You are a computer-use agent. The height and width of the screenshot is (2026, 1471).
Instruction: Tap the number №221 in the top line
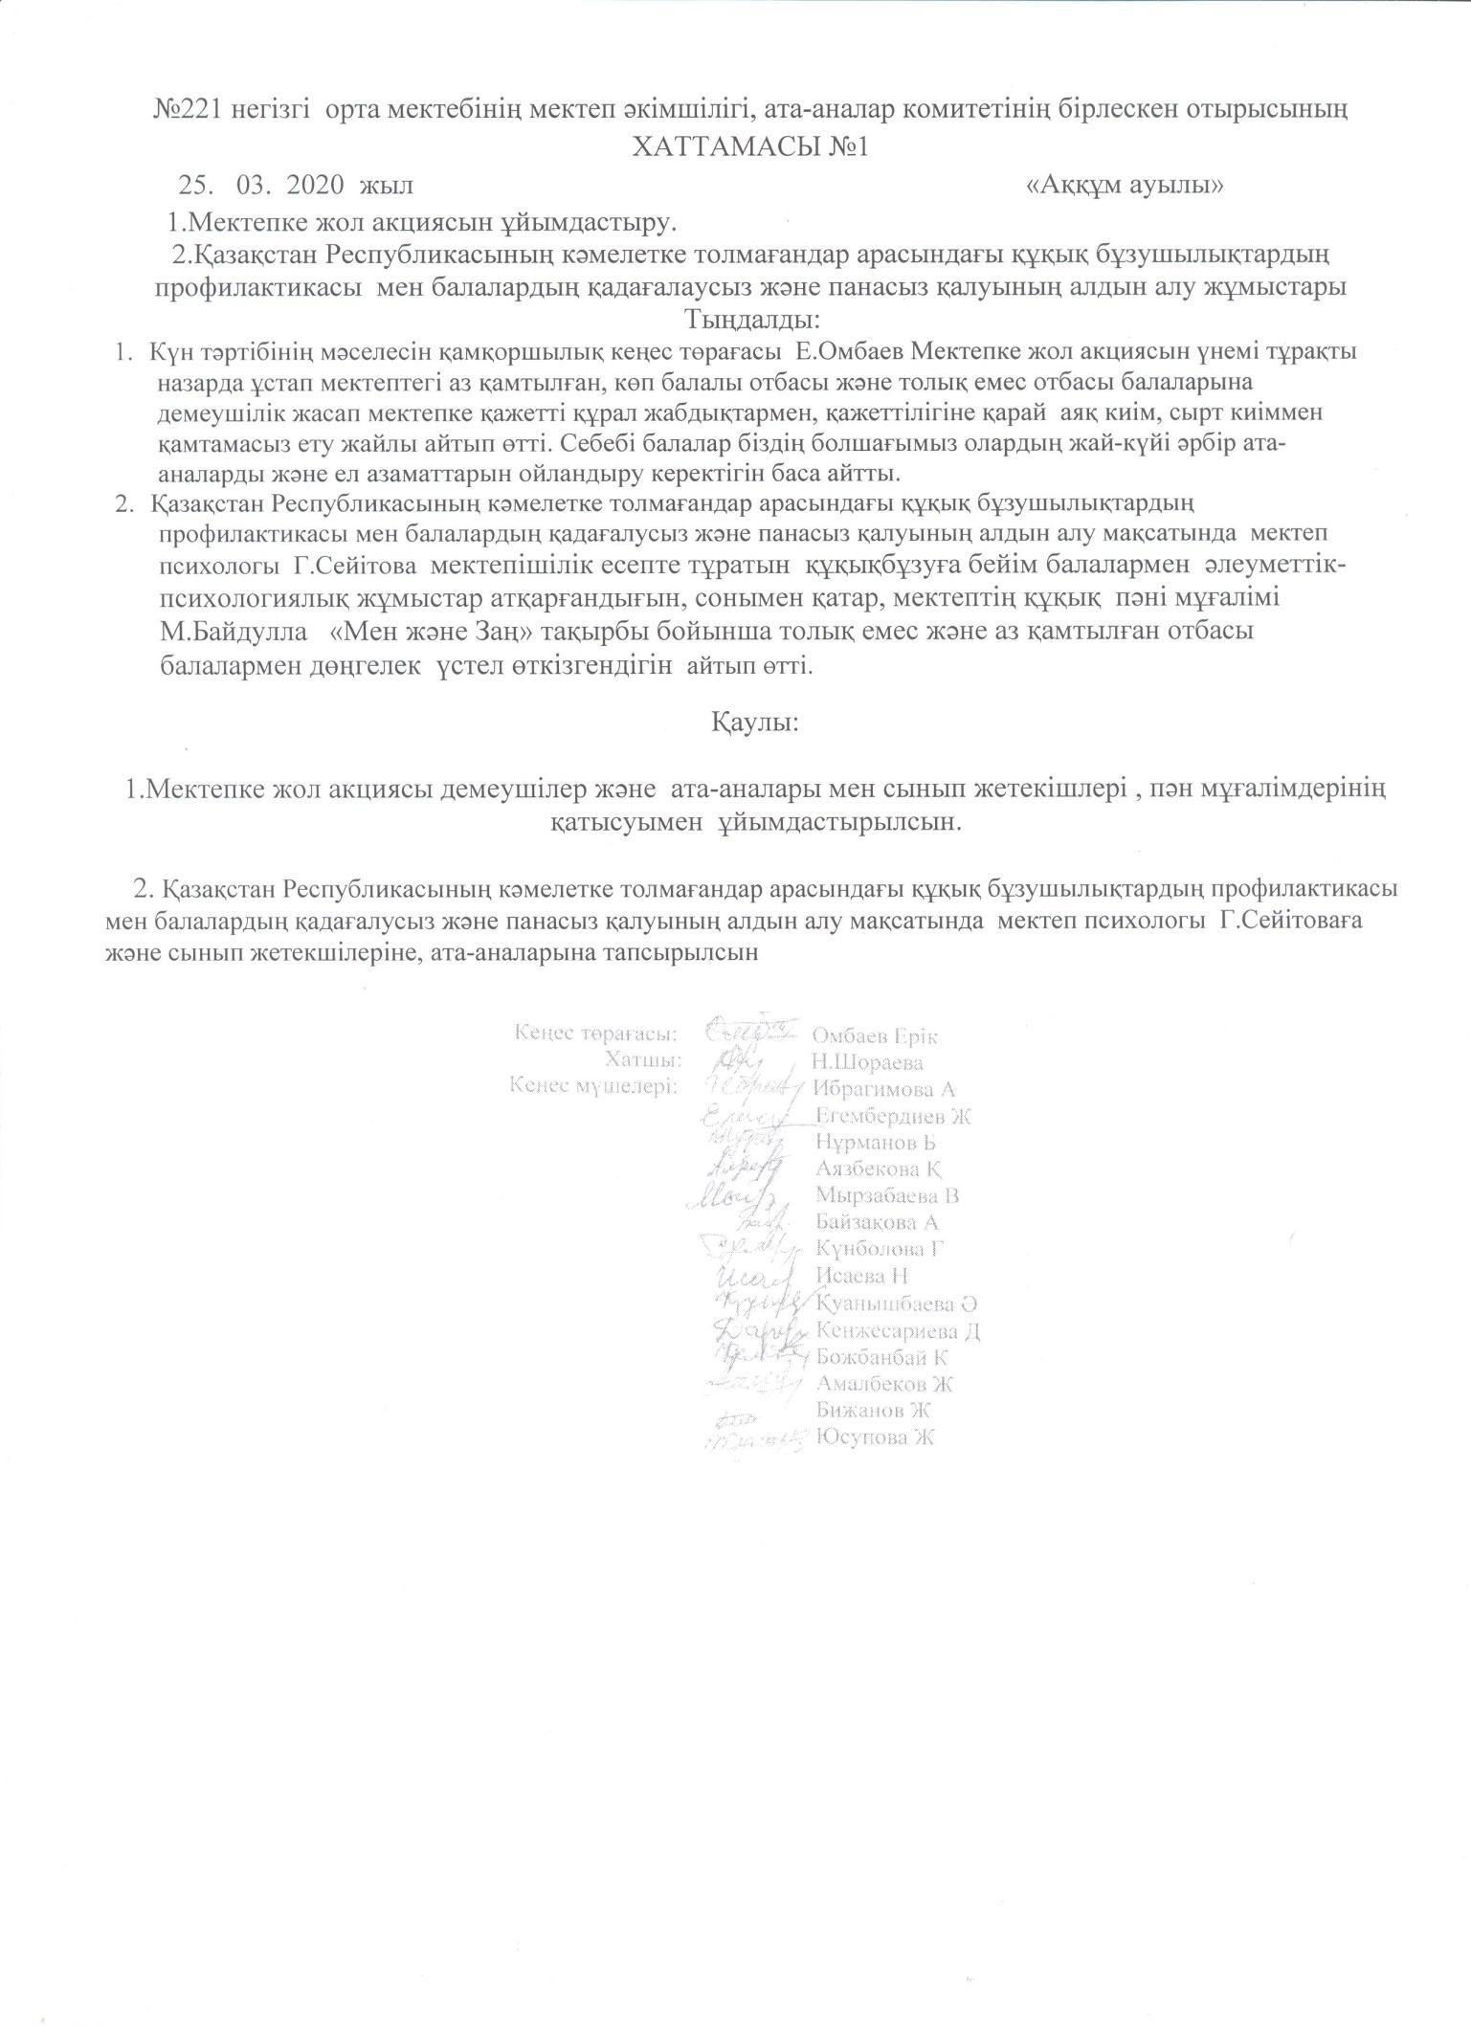point(189,110)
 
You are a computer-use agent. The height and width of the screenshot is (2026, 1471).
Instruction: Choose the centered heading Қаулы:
point(754,721)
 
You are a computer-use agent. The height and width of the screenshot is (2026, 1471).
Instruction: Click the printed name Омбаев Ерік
point(875,1035)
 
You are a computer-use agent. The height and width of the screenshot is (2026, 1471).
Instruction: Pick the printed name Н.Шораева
point(867,1062)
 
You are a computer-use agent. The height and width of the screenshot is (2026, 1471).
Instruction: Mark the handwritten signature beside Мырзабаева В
point(733,1196)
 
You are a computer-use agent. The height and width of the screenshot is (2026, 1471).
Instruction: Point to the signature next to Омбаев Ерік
point(750,1032)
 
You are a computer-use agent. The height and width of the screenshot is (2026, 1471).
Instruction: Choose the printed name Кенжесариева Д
point(898,1330)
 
